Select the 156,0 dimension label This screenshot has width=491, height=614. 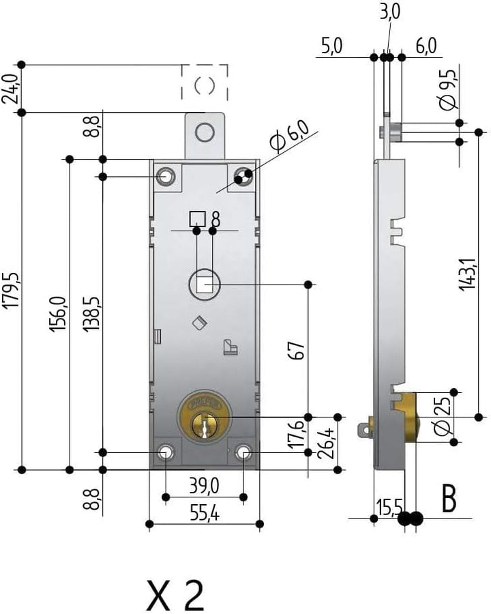coord(59,315)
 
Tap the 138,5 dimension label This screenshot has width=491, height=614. coord(91,315)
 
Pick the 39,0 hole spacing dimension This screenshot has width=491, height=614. coord(203,487)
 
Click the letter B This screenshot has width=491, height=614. coord(448,499)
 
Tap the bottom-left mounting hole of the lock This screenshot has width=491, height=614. coord(165,452)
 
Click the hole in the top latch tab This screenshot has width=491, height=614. coord(204,132)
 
